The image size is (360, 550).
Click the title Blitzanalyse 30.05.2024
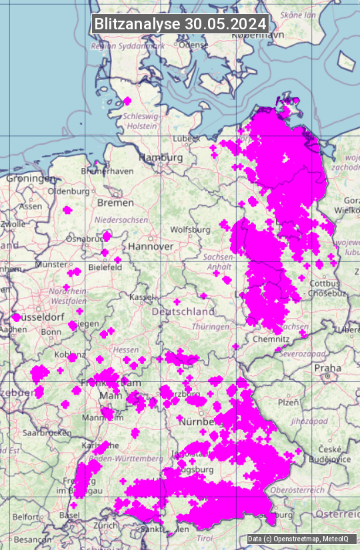(x=180, y=24)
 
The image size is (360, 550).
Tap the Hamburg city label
(x=161, y=157)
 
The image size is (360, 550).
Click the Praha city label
(x=328, y=367)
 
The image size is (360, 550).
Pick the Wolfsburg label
(x=190, y=229)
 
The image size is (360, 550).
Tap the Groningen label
(x=31, y=179)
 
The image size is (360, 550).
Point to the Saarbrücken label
(x=47, y=432)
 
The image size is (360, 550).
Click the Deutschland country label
(x=183, y=311)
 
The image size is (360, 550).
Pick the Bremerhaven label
(x=107, y=171)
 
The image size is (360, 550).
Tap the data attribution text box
(x=298, y=539)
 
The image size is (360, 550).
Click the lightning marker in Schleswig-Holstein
(x=127, y=101)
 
